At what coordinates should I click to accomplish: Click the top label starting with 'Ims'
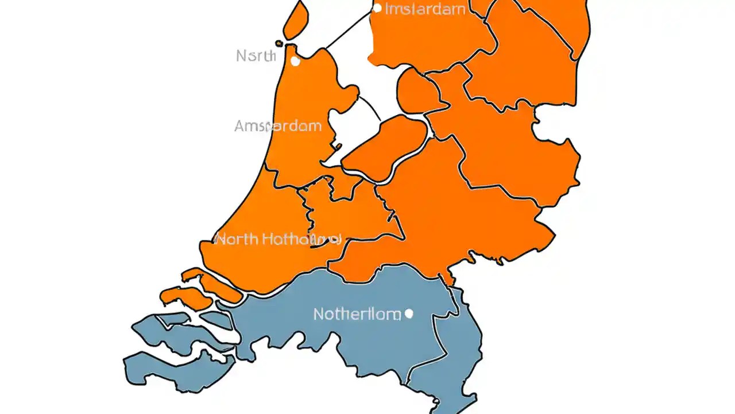(x=425, y=9)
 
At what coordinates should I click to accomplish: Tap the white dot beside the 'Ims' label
(x=377, y=8)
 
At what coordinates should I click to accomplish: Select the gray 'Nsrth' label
(x=256, y=56)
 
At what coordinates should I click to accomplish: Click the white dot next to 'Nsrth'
(x=295, y=60)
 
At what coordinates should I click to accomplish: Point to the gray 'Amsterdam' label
(x=278, y=126)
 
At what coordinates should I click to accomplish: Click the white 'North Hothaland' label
(x=278, y=239)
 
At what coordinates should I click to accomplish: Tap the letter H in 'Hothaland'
(x=268, y=239)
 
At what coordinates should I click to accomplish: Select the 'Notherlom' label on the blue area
(x=357, y=314)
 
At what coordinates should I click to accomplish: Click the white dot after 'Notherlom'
(x=409, y=313)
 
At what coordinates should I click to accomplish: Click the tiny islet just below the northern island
(x=279, y=43)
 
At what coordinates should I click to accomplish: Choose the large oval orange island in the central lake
(x=386, y=147)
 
